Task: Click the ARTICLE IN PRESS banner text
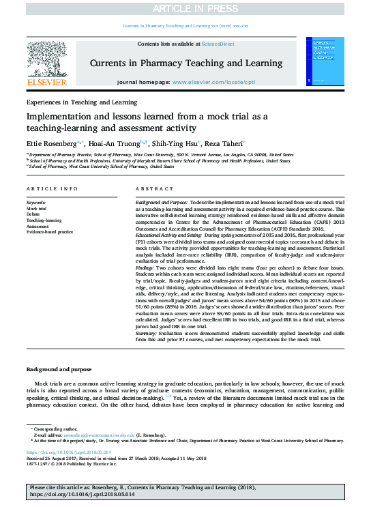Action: coord(185,8)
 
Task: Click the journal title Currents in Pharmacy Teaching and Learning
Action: coord(185,62)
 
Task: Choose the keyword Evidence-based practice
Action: coord(49,232)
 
